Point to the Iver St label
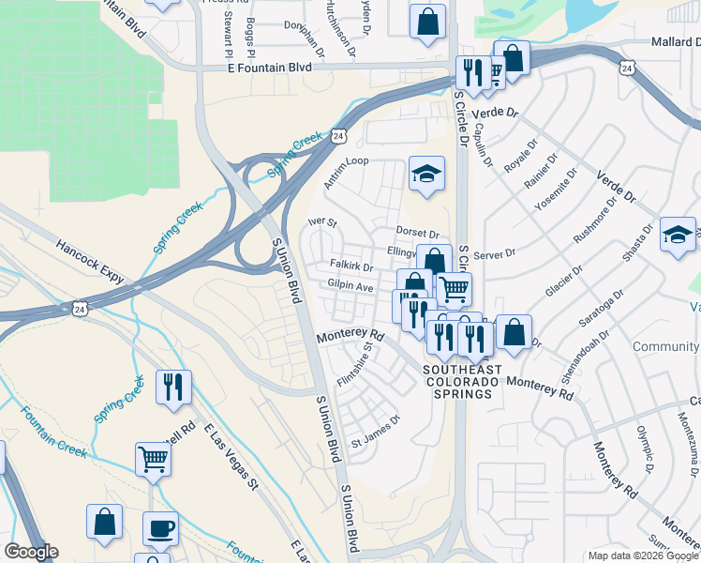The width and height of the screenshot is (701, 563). [x=322, y=223]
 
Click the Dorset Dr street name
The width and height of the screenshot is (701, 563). [x=417, y=232]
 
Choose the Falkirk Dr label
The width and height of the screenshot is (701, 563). [x=350, y=266]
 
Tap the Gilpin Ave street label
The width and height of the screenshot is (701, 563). [x=350, y=285]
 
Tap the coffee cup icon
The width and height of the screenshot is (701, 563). [x=160, y=527]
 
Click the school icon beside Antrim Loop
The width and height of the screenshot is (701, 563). [x=426, y=174]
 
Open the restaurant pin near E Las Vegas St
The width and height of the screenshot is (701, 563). [x=173, y=388]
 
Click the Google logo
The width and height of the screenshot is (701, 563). [x=31, y=552]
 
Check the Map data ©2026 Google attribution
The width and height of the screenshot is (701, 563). [x=642, y=555]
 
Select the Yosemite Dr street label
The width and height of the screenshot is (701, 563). [x=555, y=192]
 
